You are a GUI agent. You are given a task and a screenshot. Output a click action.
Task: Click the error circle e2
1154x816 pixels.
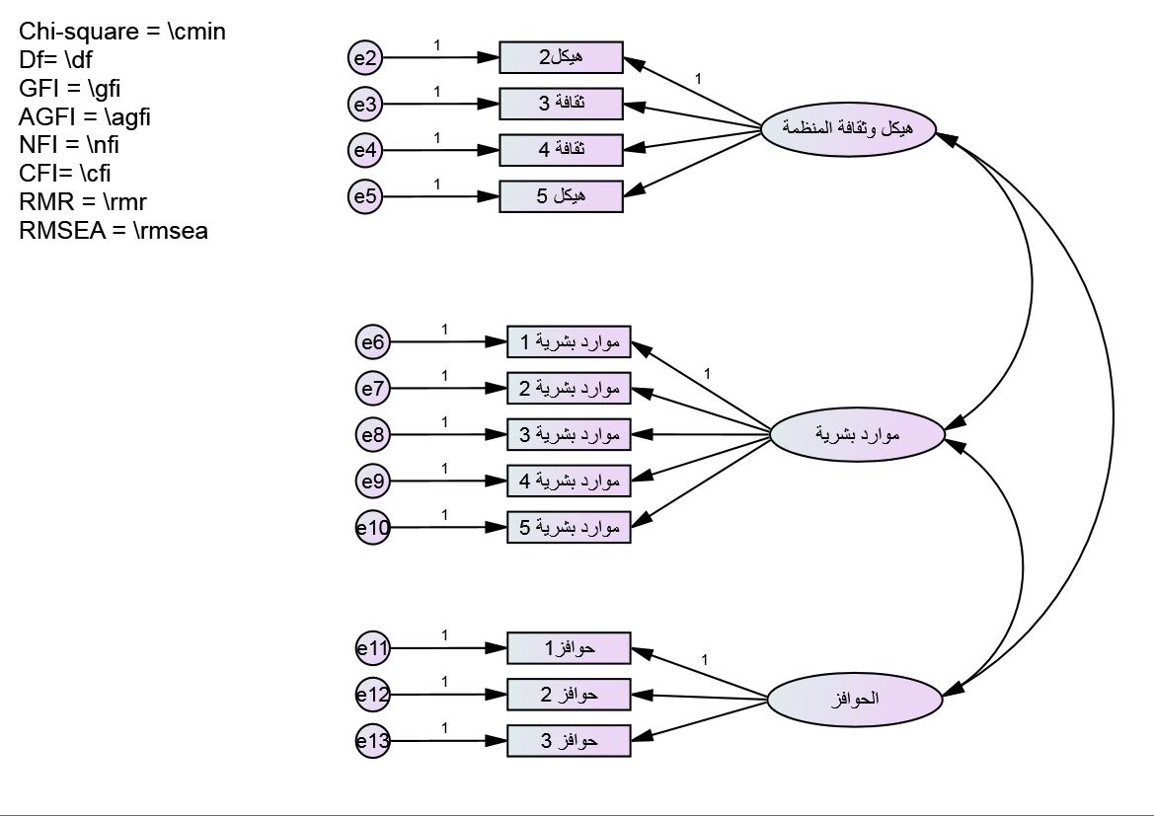coord(365,58)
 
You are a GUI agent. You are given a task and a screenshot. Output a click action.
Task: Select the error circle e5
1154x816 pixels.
coord(365,196)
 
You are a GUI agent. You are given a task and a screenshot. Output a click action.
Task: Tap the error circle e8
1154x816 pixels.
coord(372,435)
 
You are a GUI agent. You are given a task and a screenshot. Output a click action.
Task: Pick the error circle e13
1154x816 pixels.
coord(372,742)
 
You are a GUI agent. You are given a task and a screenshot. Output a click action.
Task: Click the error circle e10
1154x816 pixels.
coord(372,529)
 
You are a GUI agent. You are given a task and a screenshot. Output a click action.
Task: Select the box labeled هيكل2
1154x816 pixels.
coord(561,57)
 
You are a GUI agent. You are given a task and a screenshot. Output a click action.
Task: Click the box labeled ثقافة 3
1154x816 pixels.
coord(561,104)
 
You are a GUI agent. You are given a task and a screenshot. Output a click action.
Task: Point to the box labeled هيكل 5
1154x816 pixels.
coord(561,195)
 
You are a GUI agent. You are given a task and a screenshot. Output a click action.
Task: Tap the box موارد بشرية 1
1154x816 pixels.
coord(569,341)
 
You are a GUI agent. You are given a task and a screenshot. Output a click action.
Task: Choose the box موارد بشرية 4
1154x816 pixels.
coord(569,481)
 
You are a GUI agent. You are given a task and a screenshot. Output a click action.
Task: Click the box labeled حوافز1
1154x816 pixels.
coord(569,648)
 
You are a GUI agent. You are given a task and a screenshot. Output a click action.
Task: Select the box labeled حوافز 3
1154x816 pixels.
coord(569,740)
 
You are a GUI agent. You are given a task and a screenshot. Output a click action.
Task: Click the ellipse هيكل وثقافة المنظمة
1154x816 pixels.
coord(847,127)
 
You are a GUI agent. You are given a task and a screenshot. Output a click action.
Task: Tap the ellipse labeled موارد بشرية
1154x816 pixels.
coord(856,434)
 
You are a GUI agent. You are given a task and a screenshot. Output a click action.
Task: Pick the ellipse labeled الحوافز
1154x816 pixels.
coord(855,700)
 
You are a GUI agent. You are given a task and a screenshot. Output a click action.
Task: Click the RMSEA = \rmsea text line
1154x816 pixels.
coord(114,233)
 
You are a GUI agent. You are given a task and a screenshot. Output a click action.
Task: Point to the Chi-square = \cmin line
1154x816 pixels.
coord(122,32)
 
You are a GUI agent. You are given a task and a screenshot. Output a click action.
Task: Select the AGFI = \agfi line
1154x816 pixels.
coord(85,118)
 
